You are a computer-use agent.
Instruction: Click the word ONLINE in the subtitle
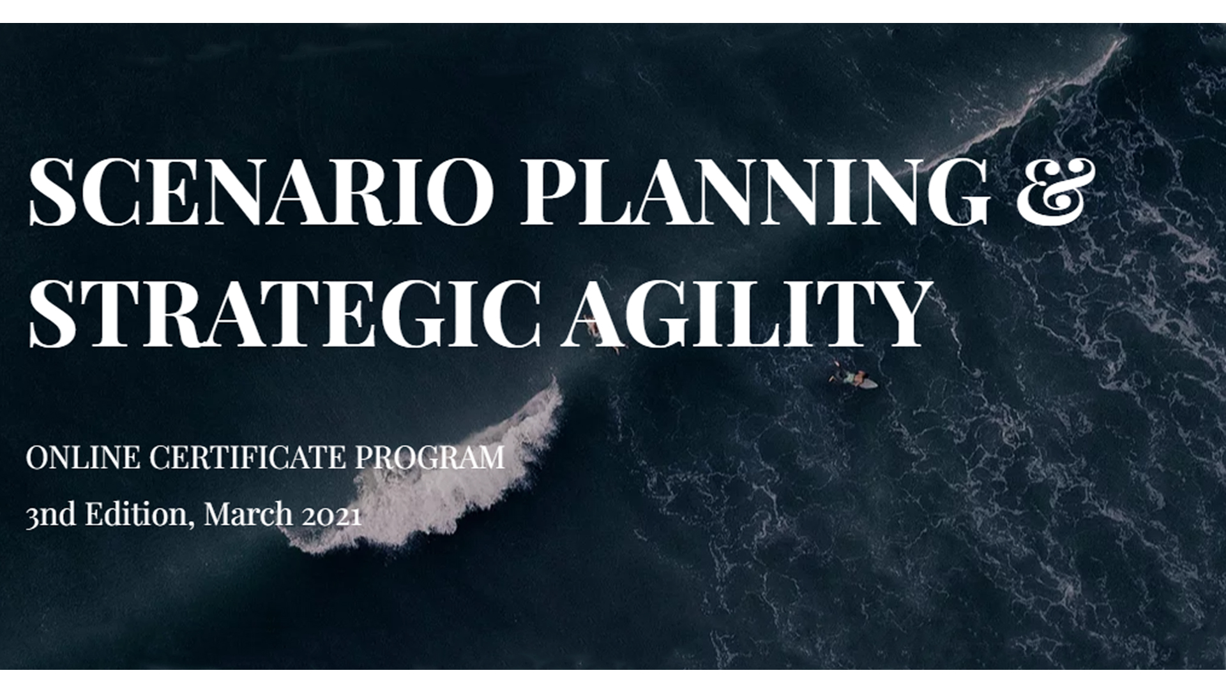82,457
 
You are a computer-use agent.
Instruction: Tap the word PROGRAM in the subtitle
429,457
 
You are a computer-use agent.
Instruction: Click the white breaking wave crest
447,485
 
